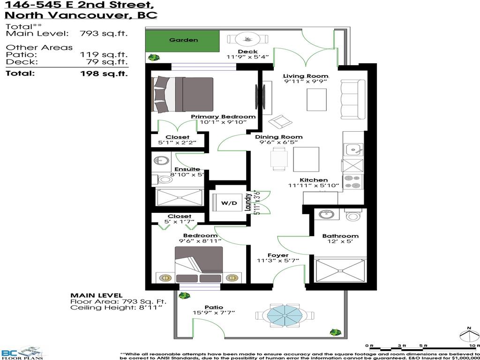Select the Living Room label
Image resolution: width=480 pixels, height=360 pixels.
(305, 76)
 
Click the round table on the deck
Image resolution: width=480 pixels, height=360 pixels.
(246, 39)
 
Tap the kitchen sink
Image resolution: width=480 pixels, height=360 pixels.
(352, 150)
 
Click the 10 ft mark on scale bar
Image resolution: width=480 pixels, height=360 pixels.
(475, 346)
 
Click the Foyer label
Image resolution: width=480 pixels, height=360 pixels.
(278, 255)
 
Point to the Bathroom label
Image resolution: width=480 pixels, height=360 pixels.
(340, 236)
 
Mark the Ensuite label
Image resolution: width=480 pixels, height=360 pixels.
(187, 169)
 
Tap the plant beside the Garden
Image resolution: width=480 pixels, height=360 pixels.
(153, 58)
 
